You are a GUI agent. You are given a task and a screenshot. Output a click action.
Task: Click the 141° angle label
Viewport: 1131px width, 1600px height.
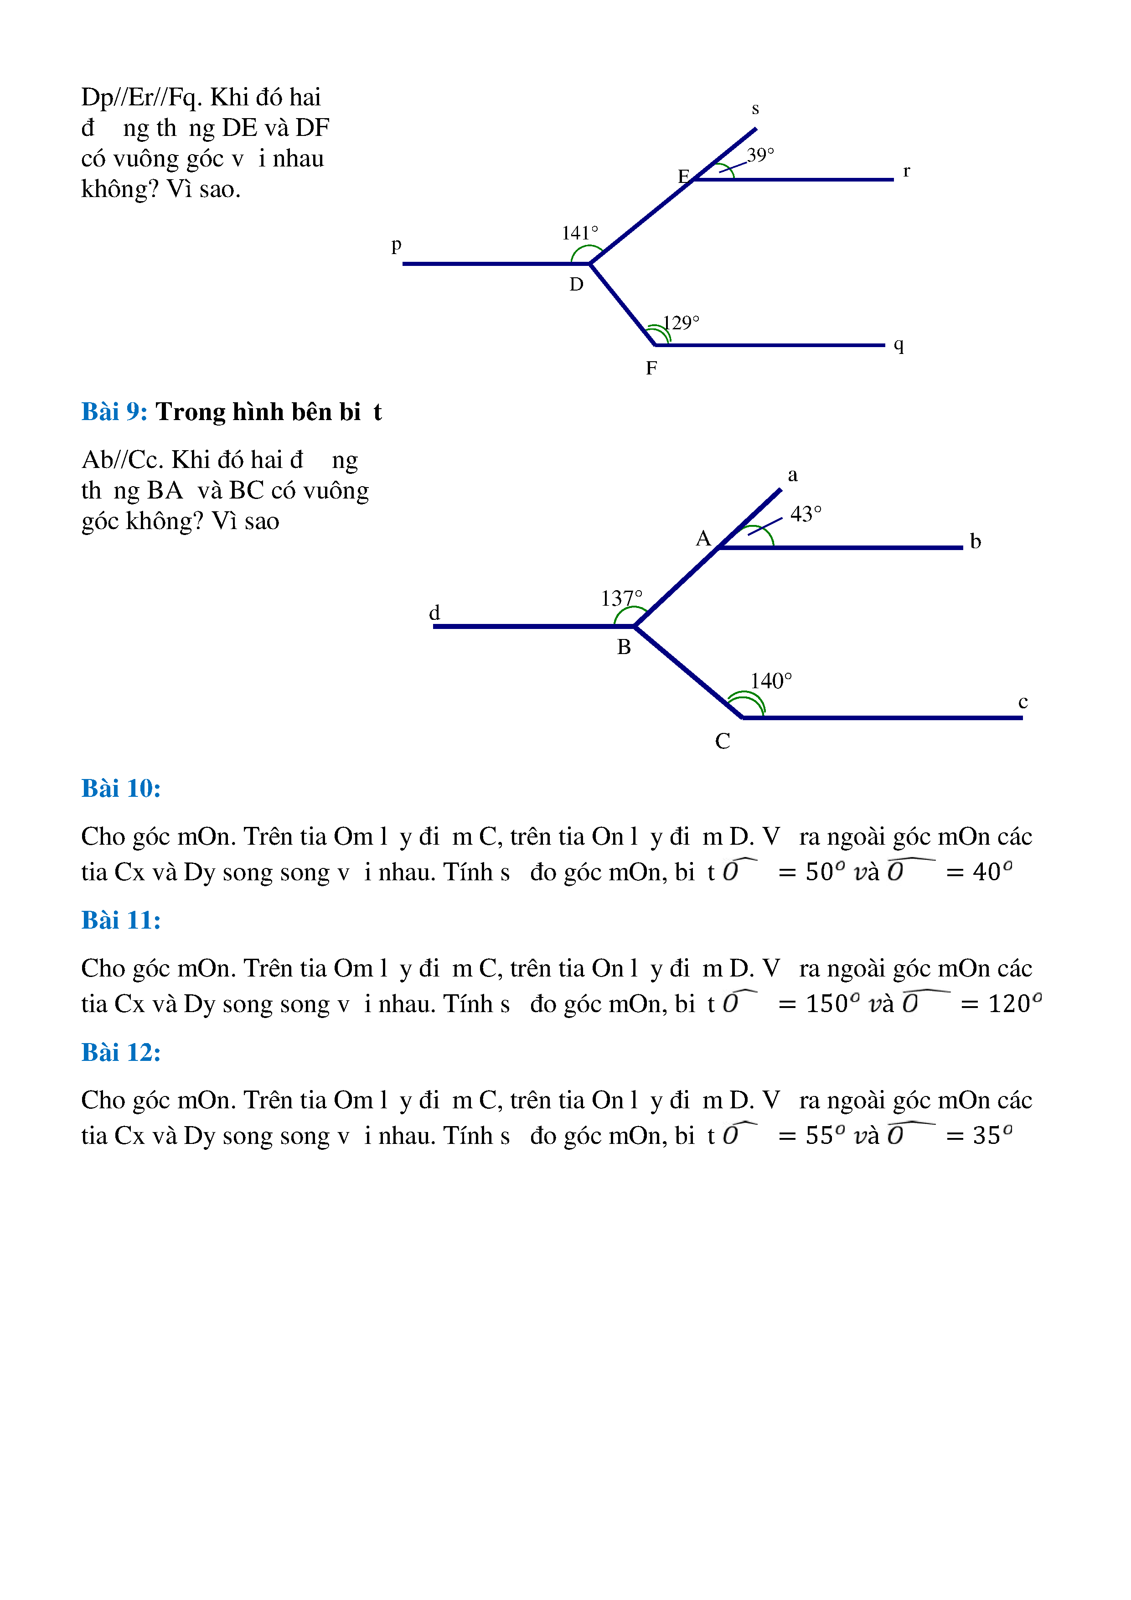tap(579, 233)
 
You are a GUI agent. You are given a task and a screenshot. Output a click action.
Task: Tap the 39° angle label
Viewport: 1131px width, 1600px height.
tap(760, 155)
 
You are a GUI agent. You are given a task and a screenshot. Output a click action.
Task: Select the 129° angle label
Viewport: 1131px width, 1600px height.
tap(681, 322)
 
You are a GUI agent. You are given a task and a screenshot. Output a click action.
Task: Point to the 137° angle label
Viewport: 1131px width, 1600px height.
tap(621, 598)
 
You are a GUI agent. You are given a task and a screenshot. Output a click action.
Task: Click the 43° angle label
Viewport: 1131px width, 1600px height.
tap(806, 514)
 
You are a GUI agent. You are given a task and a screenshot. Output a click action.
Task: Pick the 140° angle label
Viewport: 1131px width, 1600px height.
tap(771, 681)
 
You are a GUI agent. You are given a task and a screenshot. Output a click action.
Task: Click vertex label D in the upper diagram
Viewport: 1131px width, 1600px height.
tap(576, 284)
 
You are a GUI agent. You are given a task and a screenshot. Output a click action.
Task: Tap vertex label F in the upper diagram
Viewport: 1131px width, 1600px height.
tap(651, 368)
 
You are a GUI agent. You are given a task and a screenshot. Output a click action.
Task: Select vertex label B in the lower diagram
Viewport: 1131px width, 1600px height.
tap(623, 647)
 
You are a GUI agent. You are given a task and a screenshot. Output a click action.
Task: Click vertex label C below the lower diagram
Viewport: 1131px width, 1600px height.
tap(722, 741)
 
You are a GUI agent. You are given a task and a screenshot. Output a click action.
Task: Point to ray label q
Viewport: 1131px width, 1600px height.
tap(899, 344)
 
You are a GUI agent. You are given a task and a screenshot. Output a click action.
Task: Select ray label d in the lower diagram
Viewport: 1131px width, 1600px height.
tap(434, 613)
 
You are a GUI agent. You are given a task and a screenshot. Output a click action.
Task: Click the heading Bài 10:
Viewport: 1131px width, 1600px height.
tap(120, 788)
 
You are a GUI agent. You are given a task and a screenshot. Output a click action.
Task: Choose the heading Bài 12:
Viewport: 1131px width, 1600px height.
tap(120, 1052)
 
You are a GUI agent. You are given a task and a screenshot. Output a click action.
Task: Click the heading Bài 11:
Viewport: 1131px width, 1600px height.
tap(120, 920)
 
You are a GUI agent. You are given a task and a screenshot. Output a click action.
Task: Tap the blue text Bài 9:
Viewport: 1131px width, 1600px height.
tap(114, 412)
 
